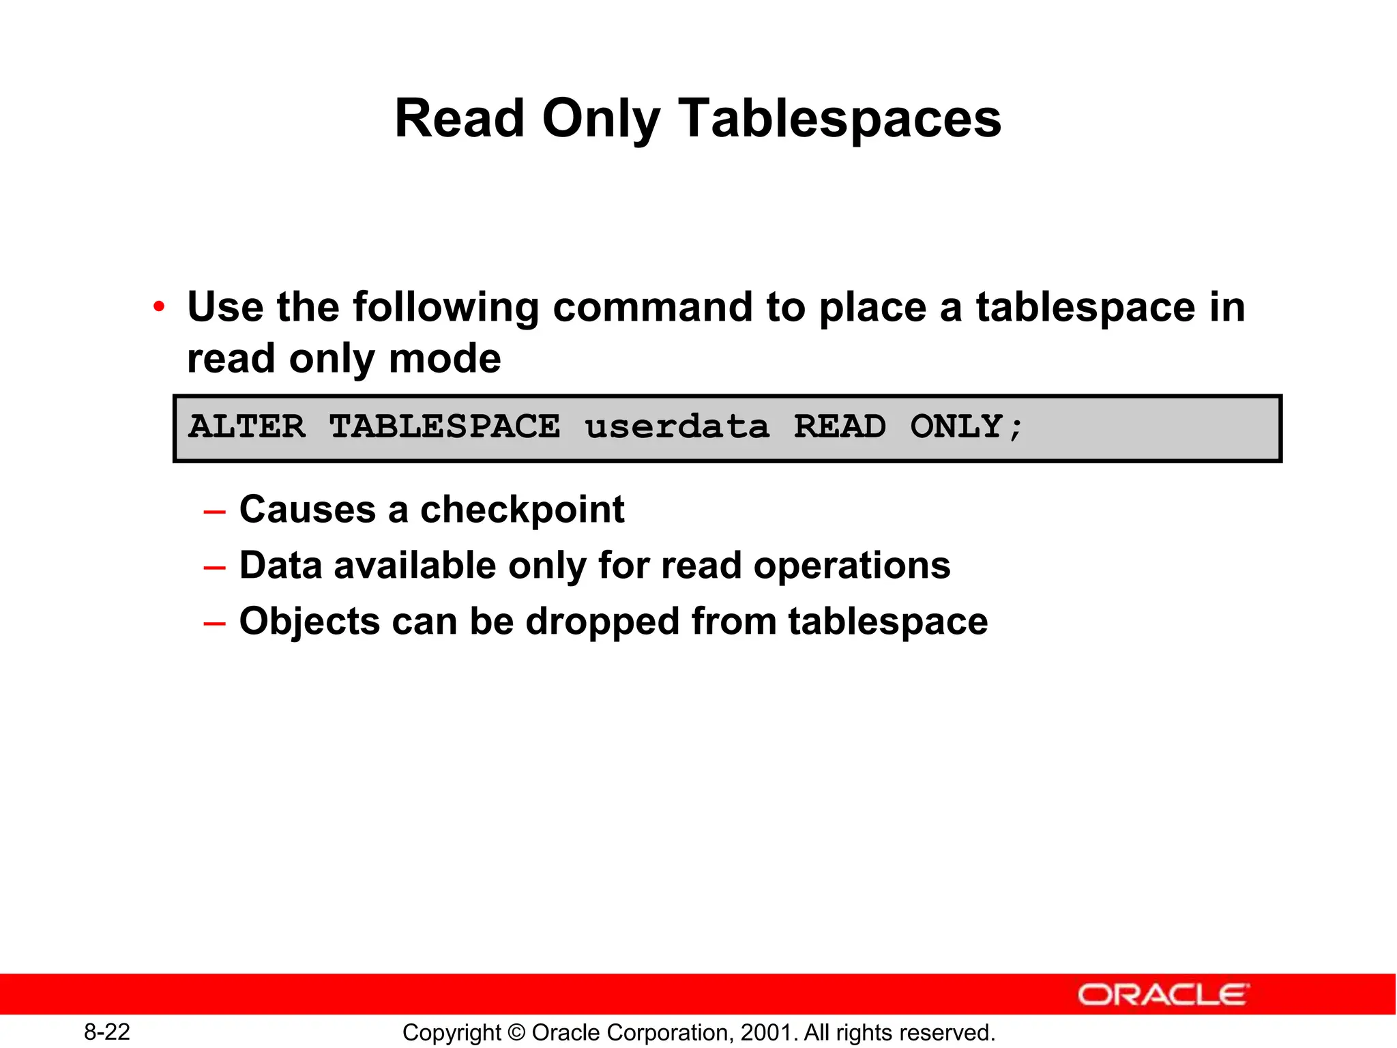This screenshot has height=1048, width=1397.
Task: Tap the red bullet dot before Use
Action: pos(159,307)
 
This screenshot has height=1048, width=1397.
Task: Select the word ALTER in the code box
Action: pos(247,427)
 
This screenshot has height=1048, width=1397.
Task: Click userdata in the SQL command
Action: pos(677,427)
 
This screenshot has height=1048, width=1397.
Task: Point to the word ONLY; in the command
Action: pos(967,427)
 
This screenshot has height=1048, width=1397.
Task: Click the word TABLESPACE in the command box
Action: pos(445,427)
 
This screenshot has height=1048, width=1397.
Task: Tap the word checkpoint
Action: pos(522,510)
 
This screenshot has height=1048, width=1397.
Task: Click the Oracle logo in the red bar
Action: pos(1163,995)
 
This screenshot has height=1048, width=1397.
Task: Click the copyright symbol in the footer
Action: pos(516,1033)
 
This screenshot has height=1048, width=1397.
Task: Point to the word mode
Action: pos(445,359)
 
